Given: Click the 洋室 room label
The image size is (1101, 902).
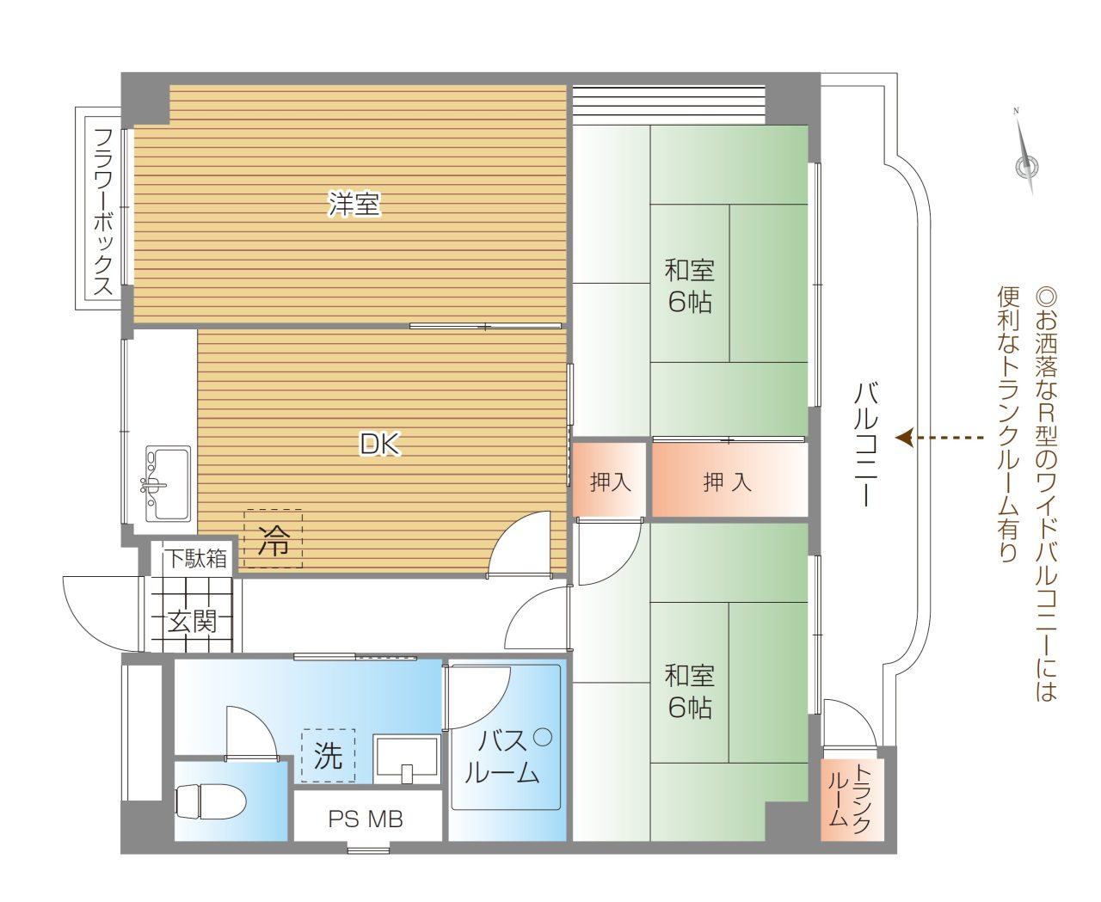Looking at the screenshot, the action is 354,204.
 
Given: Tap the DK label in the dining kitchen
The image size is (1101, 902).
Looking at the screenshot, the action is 380,445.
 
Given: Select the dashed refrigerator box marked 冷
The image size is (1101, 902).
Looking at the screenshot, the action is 273,538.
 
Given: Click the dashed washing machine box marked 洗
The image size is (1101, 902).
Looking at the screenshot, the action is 328,755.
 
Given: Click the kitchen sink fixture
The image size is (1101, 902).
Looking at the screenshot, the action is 168,483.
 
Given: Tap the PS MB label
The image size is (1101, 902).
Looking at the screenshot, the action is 366,819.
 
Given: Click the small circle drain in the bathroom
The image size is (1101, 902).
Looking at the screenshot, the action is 543,737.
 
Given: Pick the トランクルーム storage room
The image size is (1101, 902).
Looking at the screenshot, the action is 852,799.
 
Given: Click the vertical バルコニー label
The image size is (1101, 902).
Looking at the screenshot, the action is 865,445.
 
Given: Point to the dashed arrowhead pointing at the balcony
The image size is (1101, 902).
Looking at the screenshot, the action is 904,438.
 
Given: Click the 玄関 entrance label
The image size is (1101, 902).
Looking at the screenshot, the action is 192,621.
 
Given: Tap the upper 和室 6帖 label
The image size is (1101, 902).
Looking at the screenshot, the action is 690,286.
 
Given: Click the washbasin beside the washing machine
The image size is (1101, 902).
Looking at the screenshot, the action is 407,758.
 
